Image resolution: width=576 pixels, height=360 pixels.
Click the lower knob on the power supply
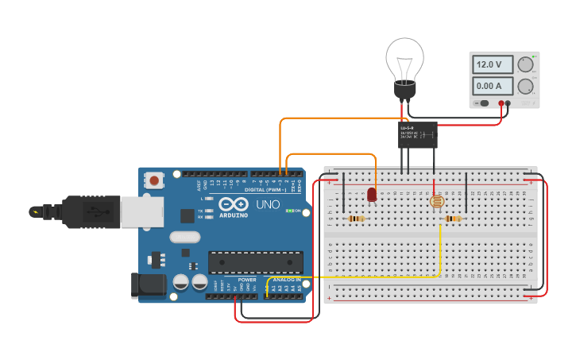525,86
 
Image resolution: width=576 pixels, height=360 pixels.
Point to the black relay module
417,134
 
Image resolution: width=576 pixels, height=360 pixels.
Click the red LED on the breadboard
372,195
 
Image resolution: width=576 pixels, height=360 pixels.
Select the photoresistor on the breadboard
436,202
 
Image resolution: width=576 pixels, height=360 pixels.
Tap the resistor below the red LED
357,219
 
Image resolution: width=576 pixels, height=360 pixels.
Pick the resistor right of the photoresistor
453,219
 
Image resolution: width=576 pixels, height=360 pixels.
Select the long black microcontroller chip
255,261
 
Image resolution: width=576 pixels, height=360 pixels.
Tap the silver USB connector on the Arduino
141,211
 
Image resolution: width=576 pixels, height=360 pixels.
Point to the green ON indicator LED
291,211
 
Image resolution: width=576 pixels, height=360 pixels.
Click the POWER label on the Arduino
247,280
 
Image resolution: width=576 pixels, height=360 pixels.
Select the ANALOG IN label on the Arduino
287,280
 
